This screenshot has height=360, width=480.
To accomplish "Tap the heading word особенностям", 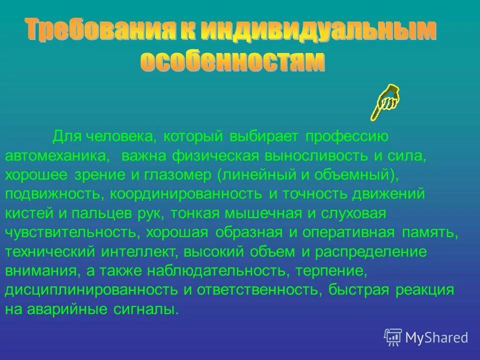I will coord(232,62).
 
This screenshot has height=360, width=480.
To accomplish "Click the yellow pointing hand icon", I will coord(385,101).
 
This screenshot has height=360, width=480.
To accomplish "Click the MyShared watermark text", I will coord(436,337).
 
